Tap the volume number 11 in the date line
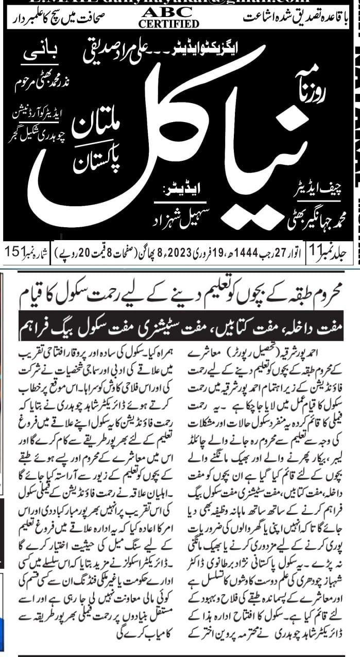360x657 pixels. (x=315, y=252)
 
